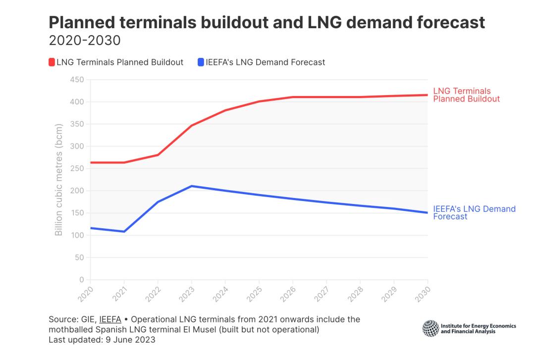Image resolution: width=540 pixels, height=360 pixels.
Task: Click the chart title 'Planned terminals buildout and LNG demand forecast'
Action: point(266,22)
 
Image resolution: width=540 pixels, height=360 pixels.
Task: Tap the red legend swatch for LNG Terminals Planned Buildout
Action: point(52,62)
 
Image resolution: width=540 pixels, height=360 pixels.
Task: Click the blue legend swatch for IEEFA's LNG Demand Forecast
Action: point(201,62)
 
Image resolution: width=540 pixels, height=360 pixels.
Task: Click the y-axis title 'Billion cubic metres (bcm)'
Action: point(59,180)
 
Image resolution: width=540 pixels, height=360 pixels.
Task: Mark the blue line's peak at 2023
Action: point(192,186)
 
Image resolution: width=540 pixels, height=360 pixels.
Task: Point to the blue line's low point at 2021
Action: point(124,231)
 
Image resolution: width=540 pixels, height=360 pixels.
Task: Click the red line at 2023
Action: point(192,126)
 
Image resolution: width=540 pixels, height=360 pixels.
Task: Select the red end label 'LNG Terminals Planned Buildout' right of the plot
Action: point(466,95)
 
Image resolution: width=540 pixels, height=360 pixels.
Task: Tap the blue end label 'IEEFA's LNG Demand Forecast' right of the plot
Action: point(474,212)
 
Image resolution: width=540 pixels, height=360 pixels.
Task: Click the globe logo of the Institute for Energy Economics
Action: point(431,328)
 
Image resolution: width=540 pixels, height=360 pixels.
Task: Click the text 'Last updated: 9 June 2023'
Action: point(103,340)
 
